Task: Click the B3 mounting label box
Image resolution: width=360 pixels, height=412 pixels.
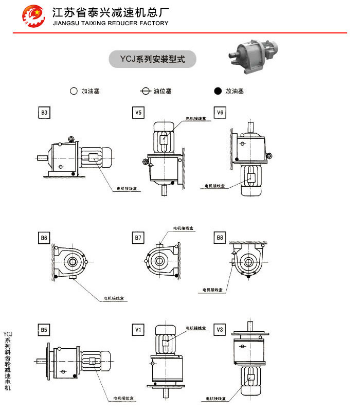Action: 45,112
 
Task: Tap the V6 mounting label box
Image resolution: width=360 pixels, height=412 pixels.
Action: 220,112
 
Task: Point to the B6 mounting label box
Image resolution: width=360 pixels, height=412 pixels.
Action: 45,238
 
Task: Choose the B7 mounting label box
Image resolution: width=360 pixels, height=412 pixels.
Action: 138,238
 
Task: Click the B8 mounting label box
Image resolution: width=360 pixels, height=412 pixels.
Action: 220,238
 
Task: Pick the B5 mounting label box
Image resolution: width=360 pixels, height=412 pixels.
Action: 45,329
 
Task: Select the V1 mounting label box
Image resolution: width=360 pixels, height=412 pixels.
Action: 138,329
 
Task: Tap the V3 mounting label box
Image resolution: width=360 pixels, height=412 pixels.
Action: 220,329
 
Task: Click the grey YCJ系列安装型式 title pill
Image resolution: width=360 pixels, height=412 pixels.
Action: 153,59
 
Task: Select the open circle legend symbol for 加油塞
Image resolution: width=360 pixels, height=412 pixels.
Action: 74,91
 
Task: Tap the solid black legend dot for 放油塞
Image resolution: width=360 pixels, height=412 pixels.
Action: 218,91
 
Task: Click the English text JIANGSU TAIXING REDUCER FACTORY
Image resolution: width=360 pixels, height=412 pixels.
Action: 111,23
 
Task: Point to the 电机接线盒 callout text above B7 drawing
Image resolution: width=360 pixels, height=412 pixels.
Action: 183,228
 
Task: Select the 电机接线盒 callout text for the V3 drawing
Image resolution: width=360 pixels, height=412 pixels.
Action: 215,399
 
